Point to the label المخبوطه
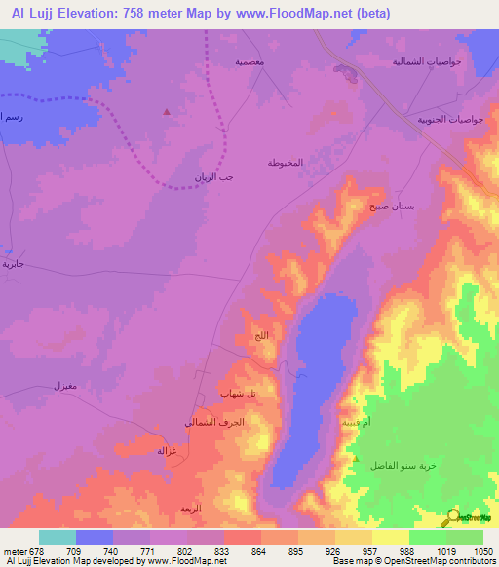pos(286,162)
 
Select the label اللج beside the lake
pos(260,336)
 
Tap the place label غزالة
pos(167,451)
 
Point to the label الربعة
pos(190,510)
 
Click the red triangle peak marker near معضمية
pos(168,111)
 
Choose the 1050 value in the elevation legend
pos(472,551)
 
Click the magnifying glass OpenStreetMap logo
pos(451,517)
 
